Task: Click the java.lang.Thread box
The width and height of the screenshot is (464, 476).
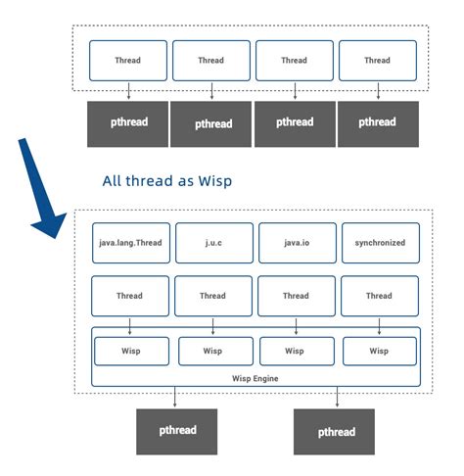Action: [x=129, y=242]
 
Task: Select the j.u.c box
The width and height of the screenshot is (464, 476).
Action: [x=212, y=242]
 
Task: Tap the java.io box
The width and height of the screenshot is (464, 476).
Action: [x=296, y=242]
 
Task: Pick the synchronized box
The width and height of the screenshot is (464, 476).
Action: [x=379, y=242]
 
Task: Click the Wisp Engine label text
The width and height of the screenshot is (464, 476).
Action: [x=255, y=376]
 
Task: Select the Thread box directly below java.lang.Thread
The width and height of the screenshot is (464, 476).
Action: [x=129, y=295]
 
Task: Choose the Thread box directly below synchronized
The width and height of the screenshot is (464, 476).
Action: [x=379, y=295]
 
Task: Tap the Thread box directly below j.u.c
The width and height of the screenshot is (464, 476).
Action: [x=212, y=295]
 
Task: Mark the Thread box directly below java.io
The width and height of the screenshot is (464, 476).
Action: [x=296, y=295]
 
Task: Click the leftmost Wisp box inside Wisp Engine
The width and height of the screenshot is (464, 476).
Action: [x=131, y=350]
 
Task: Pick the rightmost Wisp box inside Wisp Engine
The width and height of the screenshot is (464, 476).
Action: [x=380, y=350]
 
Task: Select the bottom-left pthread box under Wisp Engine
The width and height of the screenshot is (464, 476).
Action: [x=175, y=431]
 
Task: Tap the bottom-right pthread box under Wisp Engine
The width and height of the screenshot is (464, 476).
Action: [x=337, y=431]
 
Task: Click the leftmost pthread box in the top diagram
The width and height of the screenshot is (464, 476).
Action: [x=127, y=122]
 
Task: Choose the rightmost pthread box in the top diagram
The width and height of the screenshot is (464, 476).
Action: [x=377, y=122]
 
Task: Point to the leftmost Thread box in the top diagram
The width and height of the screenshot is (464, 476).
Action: [x=127, y=61]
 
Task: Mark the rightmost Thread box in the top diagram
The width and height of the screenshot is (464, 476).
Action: [x=377, y=61]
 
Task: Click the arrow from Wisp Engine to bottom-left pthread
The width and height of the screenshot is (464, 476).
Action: [x=175, y=397]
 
